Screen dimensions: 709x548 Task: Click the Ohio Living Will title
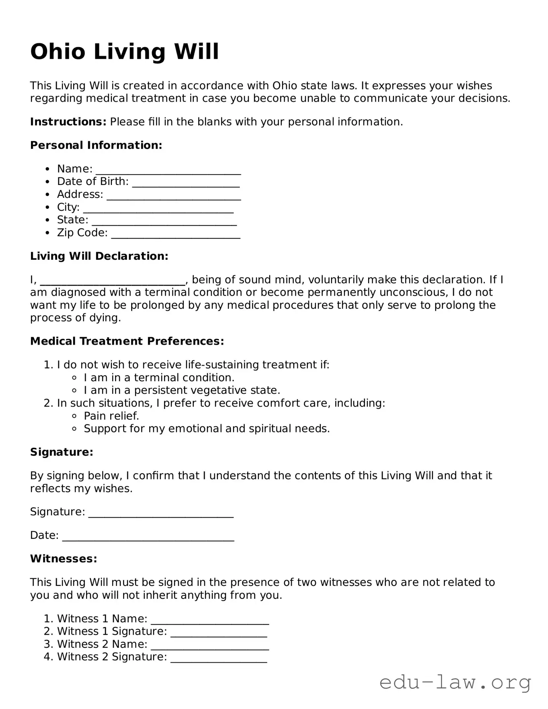[x=124, y=52]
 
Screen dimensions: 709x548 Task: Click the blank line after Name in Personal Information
[x=168, y=170]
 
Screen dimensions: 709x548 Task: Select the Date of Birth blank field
[x=186, y=183]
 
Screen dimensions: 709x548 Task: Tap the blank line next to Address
[x=174, y=195]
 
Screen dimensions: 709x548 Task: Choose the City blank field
[x=158, y=208]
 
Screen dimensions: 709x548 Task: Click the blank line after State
[x=164, y=221]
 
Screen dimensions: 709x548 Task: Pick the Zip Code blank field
[x=175, y=234]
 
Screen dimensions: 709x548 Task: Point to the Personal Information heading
[x=96, y=145]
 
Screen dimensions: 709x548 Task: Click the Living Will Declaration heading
[x=99, y=256]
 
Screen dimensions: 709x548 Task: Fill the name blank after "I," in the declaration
[x=113, y=281]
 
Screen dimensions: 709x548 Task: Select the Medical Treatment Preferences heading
[x=127, y=341]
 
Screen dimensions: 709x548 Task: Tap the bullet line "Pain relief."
[x=111, y=416]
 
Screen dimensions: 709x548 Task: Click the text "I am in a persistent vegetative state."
[x=182, y=390]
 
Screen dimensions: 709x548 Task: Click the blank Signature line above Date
[x=161, y=513]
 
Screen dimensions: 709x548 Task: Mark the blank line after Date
[x=148, y=536]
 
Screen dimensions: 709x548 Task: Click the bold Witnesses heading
[x=64, y=559]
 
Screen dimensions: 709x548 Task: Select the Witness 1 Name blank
[x=210, y=620]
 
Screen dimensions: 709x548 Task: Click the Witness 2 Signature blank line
[x=218, y=658]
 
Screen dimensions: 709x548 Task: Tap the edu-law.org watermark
[x=455, y=682]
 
